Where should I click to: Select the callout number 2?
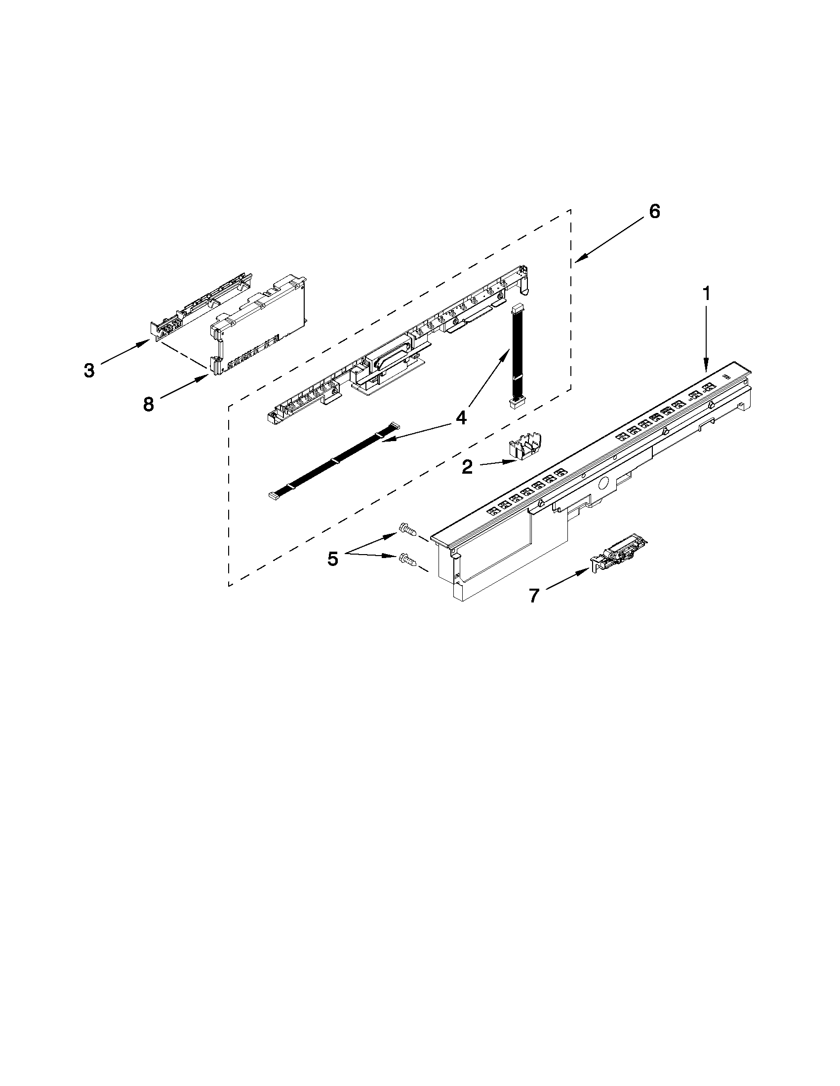coord(467,466)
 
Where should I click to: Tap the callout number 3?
coord(89,370)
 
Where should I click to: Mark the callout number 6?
coord(654,211)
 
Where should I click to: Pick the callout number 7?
coord(534,595)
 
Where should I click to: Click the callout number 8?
coord(148,404)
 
